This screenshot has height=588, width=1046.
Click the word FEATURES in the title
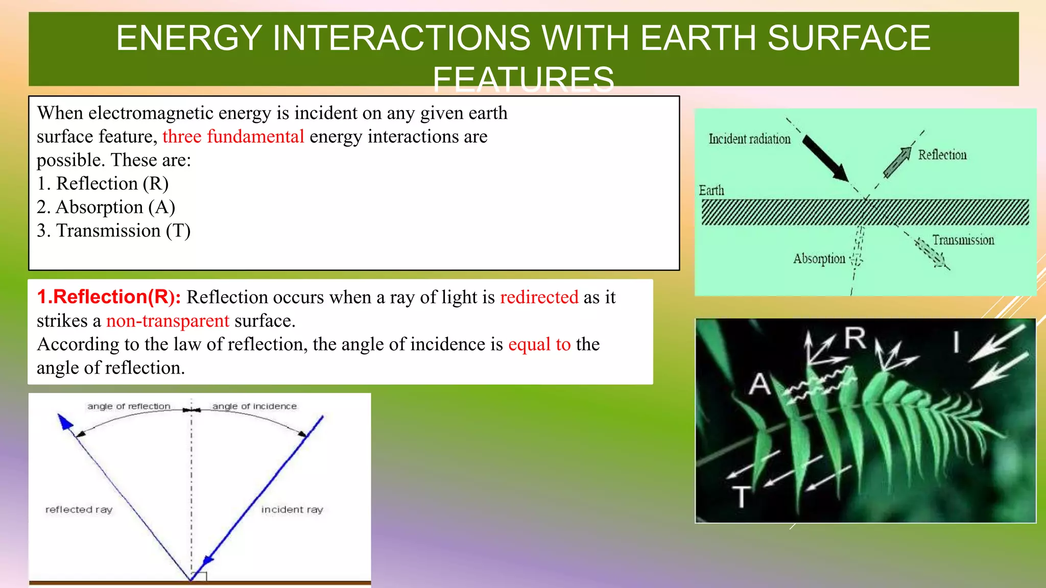point(523,80)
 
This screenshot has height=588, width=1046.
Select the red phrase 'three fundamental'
point(233,137)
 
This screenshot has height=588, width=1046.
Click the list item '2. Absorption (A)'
point(106,207)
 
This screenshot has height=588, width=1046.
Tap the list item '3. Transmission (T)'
point(113,231)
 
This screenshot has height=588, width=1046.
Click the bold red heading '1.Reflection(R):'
point(109,297)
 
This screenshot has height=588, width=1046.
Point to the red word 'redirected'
point(539,297)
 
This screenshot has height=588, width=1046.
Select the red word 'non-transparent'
point(168,321)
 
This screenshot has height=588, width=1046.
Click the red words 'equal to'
point(539,344)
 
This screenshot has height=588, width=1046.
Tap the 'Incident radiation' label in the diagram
point(749,139)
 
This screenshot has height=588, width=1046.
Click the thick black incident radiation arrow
point(825,158)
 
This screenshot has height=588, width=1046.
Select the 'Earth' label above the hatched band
point(711,190)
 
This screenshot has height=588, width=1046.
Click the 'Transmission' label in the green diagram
point(963,240)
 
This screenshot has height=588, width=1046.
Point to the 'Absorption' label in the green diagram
point(819,259)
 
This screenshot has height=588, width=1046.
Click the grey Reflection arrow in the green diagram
point(897,162)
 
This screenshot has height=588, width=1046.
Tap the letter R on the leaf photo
point(855,338)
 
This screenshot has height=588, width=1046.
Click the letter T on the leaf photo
point(741,496)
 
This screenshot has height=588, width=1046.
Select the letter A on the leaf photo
point(759,384)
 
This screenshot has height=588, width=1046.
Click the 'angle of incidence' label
point(254,406)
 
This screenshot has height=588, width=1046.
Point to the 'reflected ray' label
point(79,509)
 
